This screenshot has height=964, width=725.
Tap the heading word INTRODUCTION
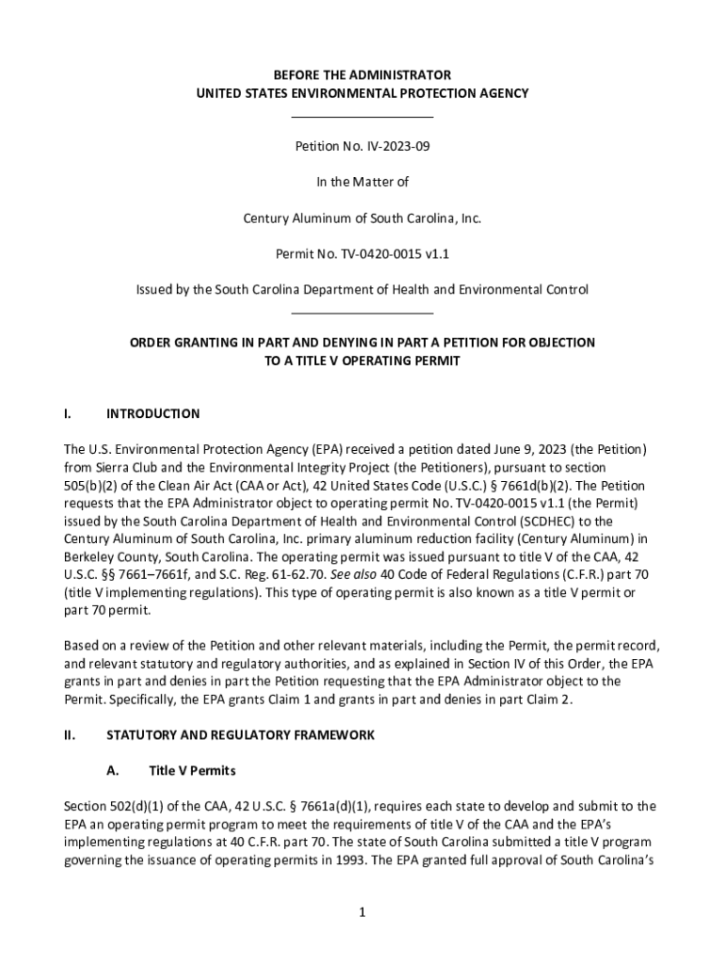point(153,414)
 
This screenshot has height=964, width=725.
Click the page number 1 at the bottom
point(362,913)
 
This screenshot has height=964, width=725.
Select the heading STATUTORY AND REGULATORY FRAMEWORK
point(241,735)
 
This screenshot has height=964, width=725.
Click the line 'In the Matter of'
point(362,183)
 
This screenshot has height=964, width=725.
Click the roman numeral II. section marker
point(69,735)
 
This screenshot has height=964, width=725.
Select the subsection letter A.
point(112,771)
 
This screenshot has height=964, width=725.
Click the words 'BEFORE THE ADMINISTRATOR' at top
point(362,75)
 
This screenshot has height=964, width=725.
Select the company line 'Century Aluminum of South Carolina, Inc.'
point(362,218)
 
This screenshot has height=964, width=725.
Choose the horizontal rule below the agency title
point(362,117)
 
